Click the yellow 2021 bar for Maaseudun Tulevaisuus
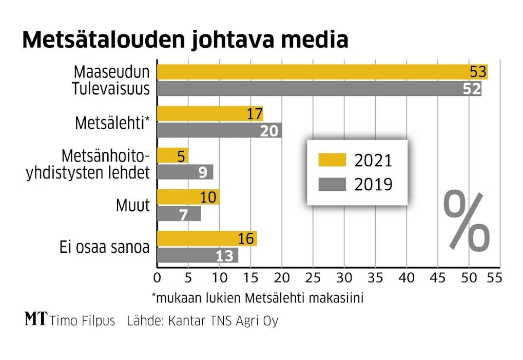[x=308, y=72]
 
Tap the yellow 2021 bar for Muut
[x=188, y=197]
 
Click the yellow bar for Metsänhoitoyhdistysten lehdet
[x=172, y=155]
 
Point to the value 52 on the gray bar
[x=471, y=89]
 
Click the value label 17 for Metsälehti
[x=255, y=114]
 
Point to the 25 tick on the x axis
[x=313, y=278]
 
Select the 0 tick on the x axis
[x=157, y=278]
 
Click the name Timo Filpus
[x=83, y=321]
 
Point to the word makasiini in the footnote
[x=338, y=298]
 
